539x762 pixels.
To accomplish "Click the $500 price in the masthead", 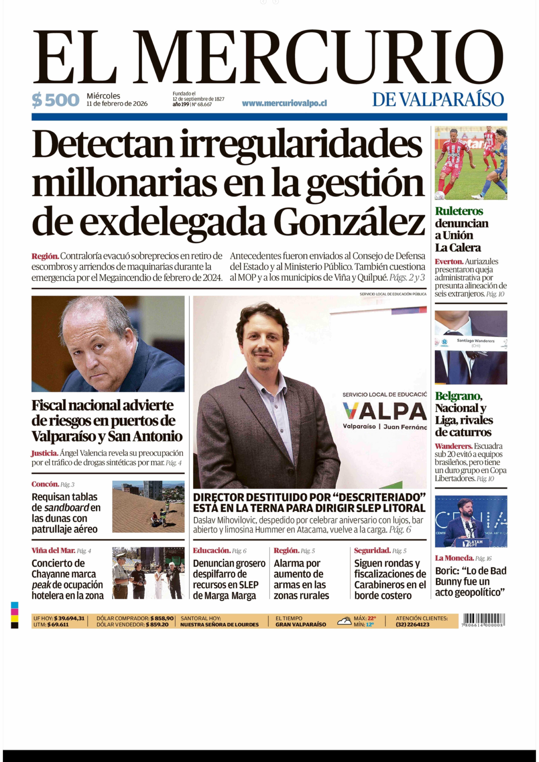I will click(55, 100).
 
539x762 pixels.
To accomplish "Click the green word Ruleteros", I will click(459, 211).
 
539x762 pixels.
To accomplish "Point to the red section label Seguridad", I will click(372, 551).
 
